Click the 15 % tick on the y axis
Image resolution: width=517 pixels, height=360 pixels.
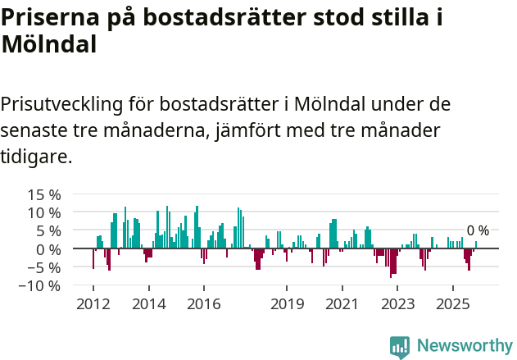[44, 195]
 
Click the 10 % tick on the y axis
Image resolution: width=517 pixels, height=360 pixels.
[44, 213]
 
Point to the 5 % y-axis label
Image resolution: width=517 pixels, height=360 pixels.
[48, 231]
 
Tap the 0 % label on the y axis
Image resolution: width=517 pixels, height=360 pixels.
[48, 249]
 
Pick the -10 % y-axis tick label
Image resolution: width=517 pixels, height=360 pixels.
[42, 286]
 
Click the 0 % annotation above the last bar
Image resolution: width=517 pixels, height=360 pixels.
[478, 230]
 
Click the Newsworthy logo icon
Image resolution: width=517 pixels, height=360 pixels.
[400, 347]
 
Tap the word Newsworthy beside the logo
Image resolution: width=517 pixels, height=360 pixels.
[464, 346]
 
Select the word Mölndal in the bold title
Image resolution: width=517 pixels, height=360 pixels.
[49, 44]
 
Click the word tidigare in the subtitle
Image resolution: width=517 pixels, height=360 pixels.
[35, 156]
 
